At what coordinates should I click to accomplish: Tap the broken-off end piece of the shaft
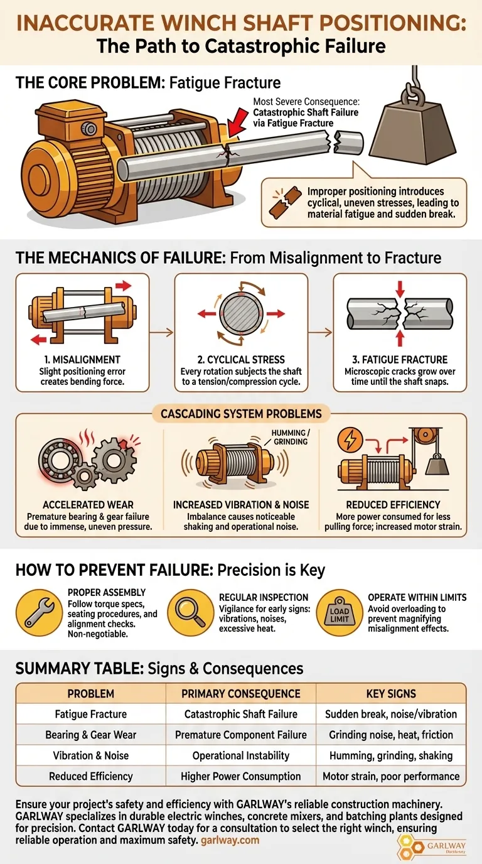coord(348,143)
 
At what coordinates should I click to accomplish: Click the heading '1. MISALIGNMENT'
coord(82,360)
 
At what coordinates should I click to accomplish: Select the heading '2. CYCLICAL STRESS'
coord(241,360)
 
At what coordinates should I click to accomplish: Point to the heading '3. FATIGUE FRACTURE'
coord(400,360)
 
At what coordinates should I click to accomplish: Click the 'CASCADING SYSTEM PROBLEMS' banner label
coord(241,414)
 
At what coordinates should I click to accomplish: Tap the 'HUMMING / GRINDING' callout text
coord(291,438)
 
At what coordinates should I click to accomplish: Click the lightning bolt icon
coord(350,440)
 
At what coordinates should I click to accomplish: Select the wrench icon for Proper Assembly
coord(40,612)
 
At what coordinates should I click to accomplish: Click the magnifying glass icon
coord(191,612)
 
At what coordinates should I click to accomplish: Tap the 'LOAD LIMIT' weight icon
coord(340,612)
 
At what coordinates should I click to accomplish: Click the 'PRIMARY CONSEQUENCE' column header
coord(241,693)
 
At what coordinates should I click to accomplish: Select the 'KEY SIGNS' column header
coord(391,693)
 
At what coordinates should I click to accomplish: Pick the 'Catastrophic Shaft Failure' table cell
coord(241,714)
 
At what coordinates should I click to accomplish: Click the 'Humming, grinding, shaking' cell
coord(391,755)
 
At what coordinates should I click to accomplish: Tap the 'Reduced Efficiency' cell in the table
coord(91,776)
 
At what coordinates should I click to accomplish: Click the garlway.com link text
coord(230,840)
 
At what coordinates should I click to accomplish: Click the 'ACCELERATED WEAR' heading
coord(88,504)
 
